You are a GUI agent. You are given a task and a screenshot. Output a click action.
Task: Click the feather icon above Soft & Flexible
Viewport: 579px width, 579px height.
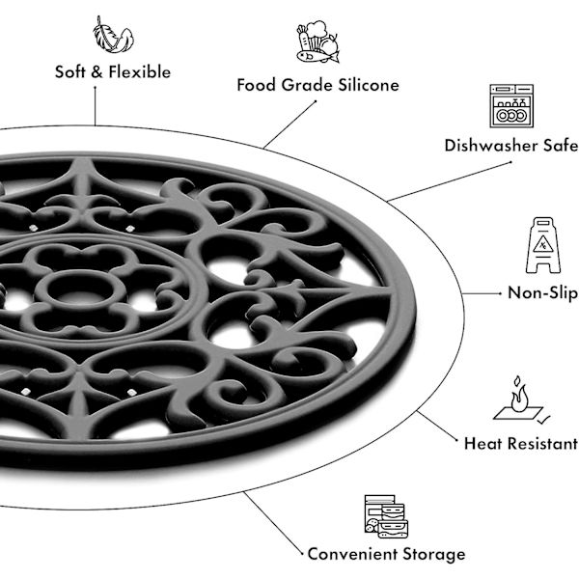pos(113,35)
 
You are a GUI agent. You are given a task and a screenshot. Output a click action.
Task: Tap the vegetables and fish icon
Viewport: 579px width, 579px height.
pos(317,41)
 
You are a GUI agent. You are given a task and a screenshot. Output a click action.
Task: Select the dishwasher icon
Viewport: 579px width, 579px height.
pos(511,106)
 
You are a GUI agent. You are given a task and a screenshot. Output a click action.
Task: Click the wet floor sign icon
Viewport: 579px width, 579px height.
pos(542,245)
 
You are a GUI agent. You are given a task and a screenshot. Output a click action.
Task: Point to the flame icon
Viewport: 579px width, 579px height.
pos(518,394)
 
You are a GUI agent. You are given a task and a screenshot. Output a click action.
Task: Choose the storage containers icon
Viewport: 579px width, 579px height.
pos(386,516)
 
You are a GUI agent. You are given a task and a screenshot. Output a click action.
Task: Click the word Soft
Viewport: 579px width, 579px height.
pos(70,71)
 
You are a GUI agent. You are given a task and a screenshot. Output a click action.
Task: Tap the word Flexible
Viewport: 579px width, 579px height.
pos(140,71)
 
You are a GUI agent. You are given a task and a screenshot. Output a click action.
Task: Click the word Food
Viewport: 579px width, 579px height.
pos(257,85)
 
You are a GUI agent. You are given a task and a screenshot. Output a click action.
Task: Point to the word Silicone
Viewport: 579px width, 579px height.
pos(369,85)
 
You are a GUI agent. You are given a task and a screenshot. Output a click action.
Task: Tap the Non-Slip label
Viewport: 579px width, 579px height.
pos(542,293)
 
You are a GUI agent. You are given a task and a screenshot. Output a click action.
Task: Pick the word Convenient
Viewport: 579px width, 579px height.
pos(352,554)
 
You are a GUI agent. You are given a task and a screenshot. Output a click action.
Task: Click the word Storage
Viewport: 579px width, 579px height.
pos(434,555)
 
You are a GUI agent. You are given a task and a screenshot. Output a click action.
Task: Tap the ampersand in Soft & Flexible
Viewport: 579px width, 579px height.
pos(96,71)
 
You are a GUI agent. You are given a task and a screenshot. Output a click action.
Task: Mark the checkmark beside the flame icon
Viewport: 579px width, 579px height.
pos(544,419)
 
